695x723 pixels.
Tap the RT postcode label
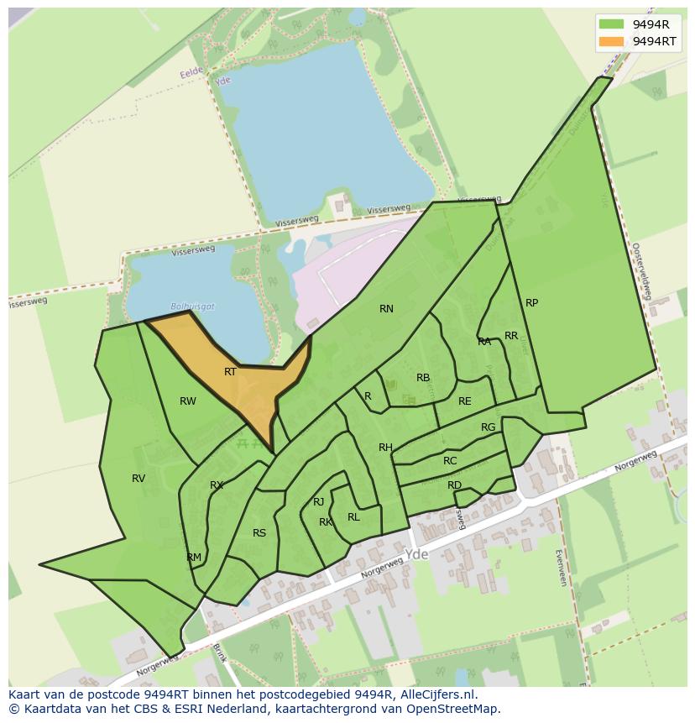pyautogui.click(x=230, y=371)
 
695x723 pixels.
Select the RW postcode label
pyautogui.click(x=188, y=401)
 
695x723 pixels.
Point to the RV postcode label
pyautogui.click(x=138, y=479)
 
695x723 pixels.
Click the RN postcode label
pyautogui.click(x=386, y=309)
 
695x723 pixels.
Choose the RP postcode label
pyautogui.click(x=531, y=303)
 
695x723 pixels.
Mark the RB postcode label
pyautogui.click(x=423, y=378)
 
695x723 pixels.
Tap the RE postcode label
pyautogui.click(x=464, y=401)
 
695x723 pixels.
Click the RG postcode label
pyautogui.click(x=488, y=427)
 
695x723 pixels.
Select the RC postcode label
pyautogui.click(x=450, y=461)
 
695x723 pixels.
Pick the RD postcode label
pyautogui.click(x=454, y=485)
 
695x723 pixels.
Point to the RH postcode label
pyautogui.click(x=385, y=448)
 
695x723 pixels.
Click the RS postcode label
pyautogui.click(x=259, y=533)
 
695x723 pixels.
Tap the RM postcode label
pyautogui.click(x=194, y=558)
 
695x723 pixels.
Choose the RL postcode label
pyautogui.click(x=353, y=517)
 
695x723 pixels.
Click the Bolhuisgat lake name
pyautogui.click(x=192, y=307)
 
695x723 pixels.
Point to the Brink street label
pyautogui.click(x=220, y=652)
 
